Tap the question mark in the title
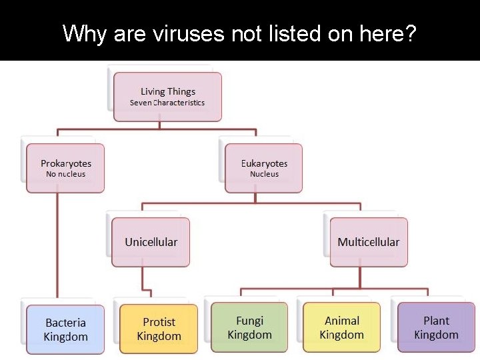point(409,33)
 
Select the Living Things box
point(167,97)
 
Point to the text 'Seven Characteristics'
point(167,103)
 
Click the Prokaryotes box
point(65,168)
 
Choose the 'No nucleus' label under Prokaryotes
point(65,174)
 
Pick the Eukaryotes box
point(264,168)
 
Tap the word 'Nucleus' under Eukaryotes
point(264,174)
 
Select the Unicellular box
point(151,242)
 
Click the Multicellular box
point(368,242)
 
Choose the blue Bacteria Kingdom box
point(65,329)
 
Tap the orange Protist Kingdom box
point(159,328)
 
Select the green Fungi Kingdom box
point(249,327)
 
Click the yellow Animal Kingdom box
point(341,327)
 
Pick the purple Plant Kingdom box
point(436,327)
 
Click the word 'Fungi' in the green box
point(249,321)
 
